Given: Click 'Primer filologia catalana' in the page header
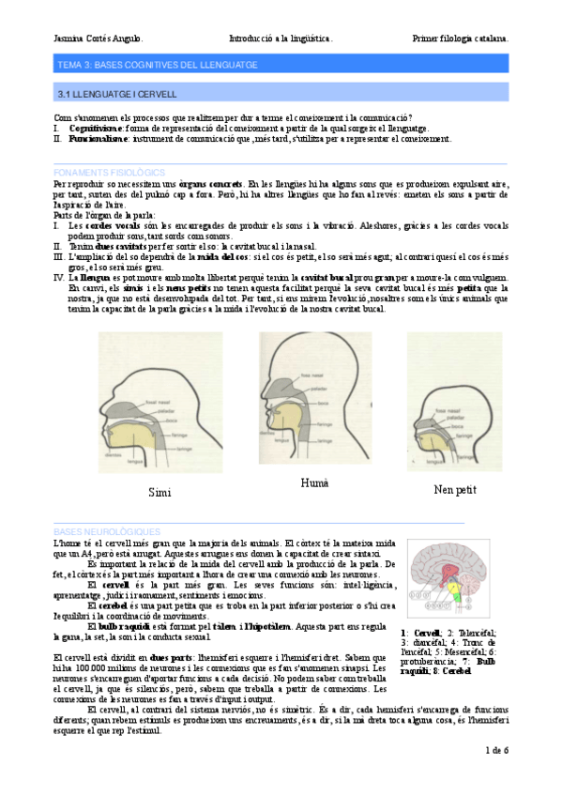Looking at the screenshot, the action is pos(461,38).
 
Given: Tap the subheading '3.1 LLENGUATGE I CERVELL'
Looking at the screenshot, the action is pos(117,95).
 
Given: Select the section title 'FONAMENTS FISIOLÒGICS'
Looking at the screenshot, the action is pos(110,173).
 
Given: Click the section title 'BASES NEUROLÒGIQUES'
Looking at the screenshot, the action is pos(107,531).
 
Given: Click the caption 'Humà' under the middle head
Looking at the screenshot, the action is pos(313,482).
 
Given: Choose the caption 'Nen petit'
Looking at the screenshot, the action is pos(455,489).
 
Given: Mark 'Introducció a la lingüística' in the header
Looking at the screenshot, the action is pos(281,38).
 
